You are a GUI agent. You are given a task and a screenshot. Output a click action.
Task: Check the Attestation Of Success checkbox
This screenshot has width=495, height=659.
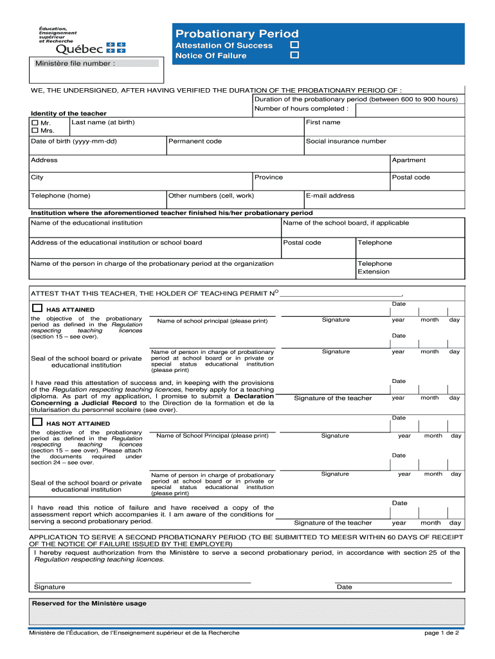294,45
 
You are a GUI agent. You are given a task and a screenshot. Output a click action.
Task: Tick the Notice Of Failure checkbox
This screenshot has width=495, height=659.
294,56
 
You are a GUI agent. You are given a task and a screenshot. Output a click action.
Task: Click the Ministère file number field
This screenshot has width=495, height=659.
138,64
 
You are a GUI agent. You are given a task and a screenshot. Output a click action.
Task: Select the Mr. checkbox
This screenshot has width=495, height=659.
35,122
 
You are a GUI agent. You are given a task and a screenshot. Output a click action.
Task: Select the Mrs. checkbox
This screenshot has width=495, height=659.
35,131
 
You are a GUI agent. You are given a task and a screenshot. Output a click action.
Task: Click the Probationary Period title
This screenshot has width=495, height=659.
237,33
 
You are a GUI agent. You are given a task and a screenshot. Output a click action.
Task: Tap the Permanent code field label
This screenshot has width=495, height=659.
195,141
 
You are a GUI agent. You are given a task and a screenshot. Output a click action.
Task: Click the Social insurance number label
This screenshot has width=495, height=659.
346,141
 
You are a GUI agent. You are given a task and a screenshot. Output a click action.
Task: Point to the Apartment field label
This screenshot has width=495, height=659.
408,160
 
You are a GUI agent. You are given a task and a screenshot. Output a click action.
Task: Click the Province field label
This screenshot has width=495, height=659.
268,177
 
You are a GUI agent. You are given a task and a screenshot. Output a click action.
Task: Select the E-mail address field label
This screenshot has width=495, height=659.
330,196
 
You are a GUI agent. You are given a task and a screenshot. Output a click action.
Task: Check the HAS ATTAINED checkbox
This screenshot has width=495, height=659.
37,308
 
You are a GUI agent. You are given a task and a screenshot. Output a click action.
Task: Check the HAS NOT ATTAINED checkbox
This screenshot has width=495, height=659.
37,422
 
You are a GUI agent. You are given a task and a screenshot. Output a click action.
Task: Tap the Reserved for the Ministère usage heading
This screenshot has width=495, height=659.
89,603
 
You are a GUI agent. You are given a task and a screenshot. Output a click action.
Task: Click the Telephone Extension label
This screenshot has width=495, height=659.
374,267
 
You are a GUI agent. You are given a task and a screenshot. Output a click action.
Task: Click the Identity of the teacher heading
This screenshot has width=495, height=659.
69,113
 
